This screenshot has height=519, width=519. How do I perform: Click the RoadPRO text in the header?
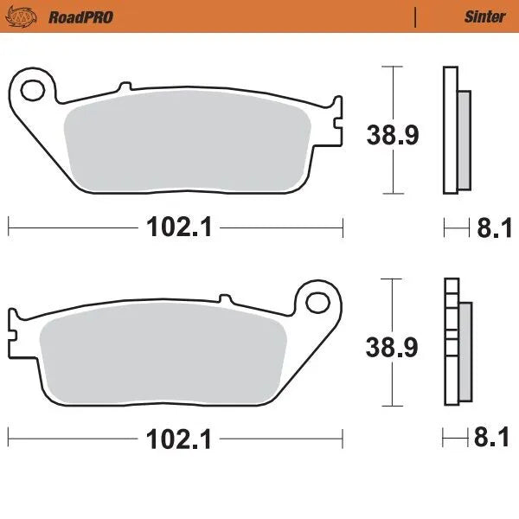[x=80, y=16]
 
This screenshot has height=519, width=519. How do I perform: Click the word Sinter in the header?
[x=484, y=16]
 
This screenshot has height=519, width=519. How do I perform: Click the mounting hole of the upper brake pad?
[x=35, y=89]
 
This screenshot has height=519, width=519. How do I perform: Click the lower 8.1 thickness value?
[x=490, y=439]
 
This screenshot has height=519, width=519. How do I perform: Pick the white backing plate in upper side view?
[x=450, y=130]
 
